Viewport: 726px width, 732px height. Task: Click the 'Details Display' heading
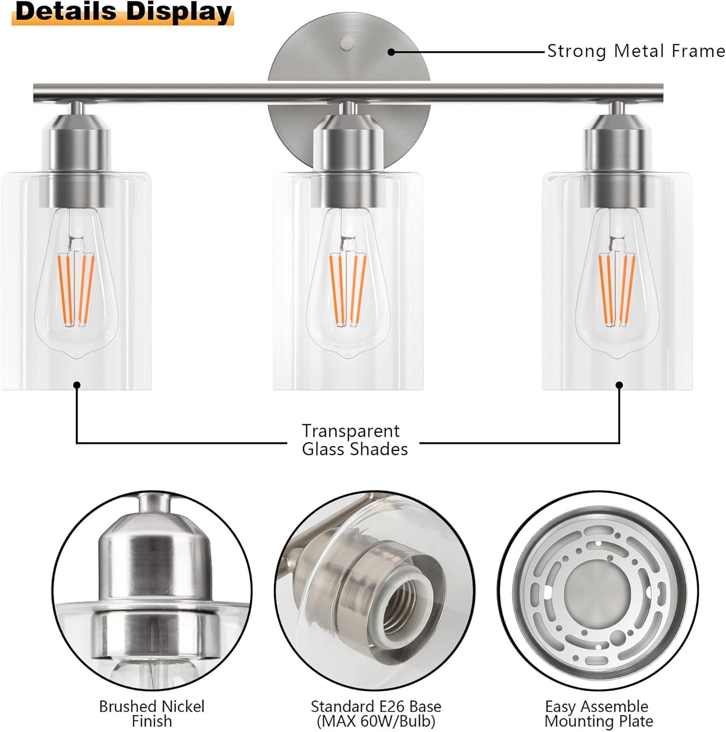tap(123, 13)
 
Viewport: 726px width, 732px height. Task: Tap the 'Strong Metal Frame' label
tap(635, 51)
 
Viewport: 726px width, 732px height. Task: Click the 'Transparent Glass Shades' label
tap(354, 440)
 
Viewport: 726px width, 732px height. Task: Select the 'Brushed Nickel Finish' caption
tap(151, 713)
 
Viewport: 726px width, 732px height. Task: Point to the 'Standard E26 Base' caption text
tap(376, 707)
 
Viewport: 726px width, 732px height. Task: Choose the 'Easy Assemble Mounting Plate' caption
tap(598, 713)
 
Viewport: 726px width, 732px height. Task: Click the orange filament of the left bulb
tap(76, 288)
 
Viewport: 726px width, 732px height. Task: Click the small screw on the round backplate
tap(347, 43)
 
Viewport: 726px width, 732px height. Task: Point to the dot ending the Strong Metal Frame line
tap(391, 52)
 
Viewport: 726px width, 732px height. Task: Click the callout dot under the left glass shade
tap(77, 385)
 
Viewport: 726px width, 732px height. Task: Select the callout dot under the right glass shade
tap(619, 385)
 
